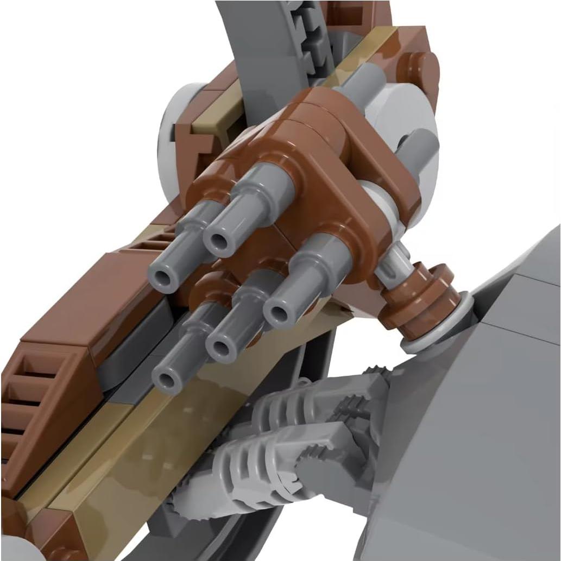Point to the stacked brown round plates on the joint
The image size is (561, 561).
[x=418, y=297]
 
